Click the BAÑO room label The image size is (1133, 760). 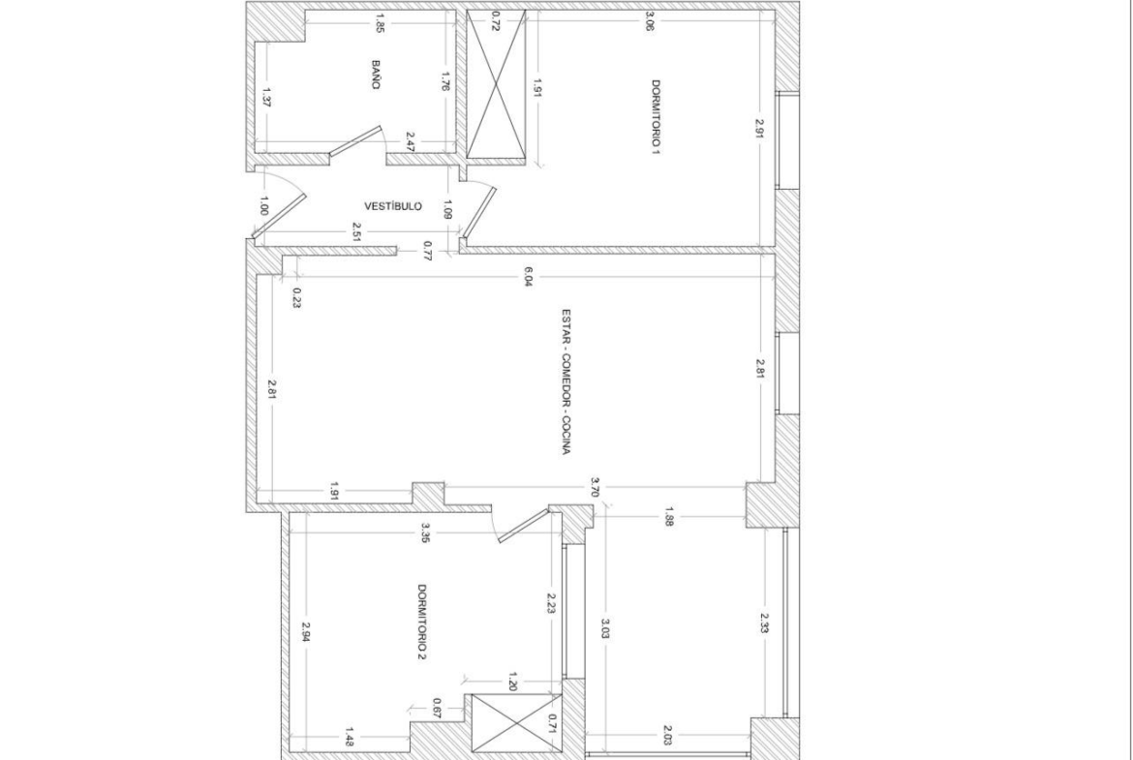(x=376, y=75)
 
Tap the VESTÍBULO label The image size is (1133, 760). (x=393, y=206)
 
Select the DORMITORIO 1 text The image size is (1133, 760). (x=657, y=117)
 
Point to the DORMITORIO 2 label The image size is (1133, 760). (x=423, y=622)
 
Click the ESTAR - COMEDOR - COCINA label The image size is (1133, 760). (x=566, y=382)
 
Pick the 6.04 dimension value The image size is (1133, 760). (x=528, y=278)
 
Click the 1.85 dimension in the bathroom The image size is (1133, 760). (x=380, y=24)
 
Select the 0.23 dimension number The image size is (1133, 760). (x=297, y=297)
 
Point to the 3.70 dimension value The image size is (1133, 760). (x=595, y=487)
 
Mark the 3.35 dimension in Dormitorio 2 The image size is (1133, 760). (x=425, y=533)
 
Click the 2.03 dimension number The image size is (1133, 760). (x=667, y=738)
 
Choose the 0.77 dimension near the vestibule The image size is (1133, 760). (x=427, y=251)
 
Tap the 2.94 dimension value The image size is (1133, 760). (x=306, y=633)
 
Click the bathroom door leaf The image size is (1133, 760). (x=355, y=140)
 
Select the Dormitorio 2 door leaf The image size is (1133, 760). (x=524, y=525)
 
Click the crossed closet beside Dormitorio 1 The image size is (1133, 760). (x=497, y=84)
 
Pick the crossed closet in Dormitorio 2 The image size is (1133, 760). (x=517, y=722)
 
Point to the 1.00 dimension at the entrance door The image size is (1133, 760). (x=263, y=206)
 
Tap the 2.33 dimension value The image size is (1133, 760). (x=764, y=623)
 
